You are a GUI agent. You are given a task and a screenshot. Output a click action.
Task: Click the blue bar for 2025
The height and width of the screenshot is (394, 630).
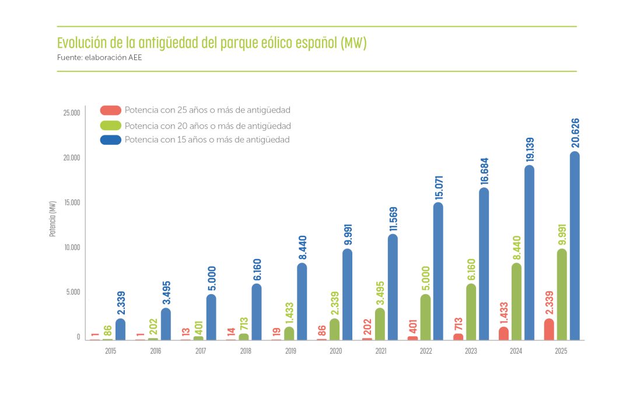(x=575, y=246)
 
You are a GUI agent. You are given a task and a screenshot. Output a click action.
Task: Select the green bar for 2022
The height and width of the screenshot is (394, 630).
(x=425, y=317)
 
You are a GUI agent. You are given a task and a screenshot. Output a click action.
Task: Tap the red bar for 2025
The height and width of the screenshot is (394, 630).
(x=549, y=329)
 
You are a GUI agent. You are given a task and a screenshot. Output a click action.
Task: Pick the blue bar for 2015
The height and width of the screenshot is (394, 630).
(x=120, y=329)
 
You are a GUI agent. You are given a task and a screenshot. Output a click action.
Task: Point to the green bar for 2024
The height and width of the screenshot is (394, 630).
(x=516, y=301)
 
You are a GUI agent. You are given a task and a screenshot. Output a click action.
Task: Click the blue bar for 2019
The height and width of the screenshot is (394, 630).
(x=302, y=301)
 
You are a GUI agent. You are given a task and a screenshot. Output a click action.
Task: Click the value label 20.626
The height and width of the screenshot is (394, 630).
(x=575, y=133)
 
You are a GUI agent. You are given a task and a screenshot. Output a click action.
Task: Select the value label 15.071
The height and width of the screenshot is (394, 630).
(x=438, y=184)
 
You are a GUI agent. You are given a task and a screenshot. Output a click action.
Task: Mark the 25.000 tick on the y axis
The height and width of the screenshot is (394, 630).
(x=71, y=113)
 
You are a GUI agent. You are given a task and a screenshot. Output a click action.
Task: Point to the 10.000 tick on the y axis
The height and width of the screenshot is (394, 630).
(x=71, y=247)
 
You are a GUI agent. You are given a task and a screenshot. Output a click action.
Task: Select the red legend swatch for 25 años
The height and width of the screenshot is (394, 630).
(x=110, y=110)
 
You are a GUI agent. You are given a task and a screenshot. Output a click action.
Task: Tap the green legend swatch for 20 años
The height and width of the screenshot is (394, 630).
(x=110, y=125)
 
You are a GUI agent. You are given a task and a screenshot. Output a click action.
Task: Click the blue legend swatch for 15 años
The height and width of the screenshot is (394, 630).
(x=110, y=140)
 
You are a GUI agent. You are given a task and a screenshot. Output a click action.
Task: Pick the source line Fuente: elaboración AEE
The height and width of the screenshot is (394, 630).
(x=99, y=58)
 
